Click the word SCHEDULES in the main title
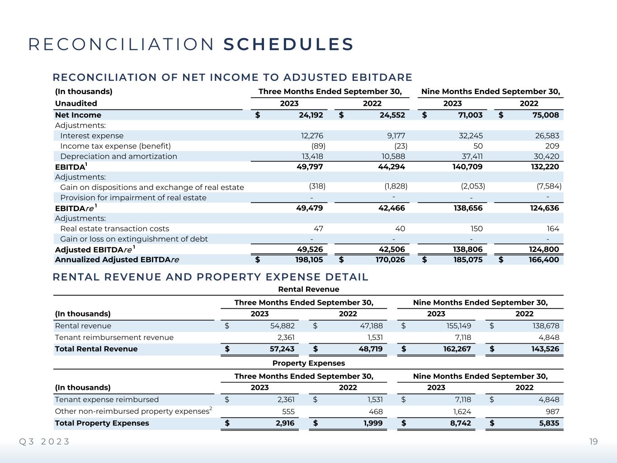(288, 44)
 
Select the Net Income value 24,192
(311, 115)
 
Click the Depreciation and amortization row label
(118, 156)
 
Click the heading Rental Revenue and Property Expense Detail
(211, 277)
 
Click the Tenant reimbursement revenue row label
(114, 337)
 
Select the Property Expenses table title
(308, 363)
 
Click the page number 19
(593, 441)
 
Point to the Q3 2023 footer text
(44, 441)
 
